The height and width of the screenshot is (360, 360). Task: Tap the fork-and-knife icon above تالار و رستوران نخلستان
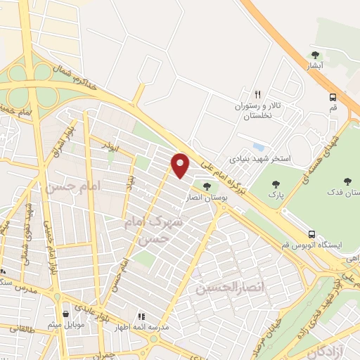point(258,94)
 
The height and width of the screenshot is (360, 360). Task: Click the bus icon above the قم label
point(333,98)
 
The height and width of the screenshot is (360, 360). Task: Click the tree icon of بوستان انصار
point(206,186)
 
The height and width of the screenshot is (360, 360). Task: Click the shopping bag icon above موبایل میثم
point(65,314)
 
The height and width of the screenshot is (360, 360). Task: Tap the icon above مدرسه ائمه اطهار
point(141,316)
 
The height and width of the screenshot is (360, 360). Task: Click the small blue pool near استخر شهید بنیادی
point(259,147)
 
